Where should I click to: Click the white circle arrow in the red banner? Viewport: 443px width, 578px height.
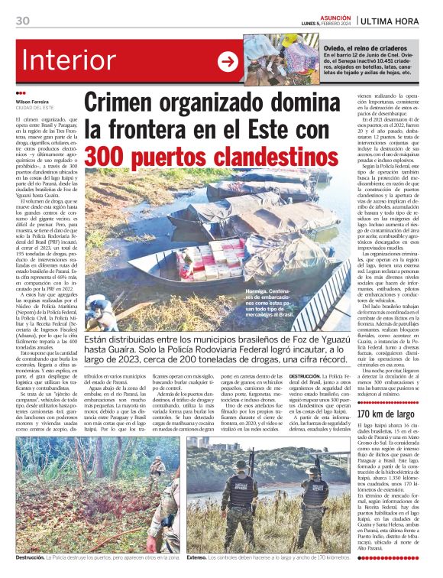click(x=228, y=61)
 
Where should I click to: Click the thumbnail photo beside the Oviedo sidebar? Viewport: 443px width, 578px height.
click(x=282, y=59)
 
